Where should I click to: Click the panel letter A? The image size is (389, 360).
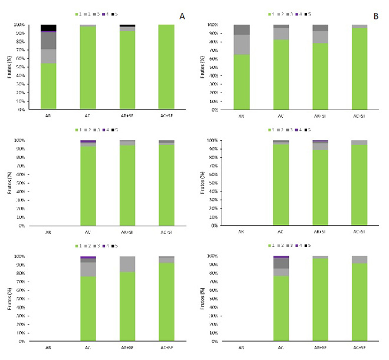(x=182, y=16)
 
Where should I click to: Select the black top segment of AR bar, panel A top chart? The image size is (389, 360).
(x=48, y=28)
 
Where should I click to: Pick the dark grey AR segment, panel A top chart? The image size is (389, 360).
(x=48, y=41)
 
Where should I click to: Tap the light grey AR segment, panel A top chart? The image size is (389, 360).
(x=48, y=56)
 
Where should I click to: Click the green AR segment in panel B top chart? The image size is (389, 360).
(x=242, y=82)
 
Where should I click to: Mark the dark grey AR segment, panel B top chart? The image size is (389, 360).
(x=242, y=29)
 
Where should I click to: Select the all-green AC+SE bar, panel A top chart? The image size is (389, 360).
(x=167, y=67)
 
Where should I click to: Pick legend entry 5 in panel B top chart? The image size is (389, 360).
(x=309, y=14)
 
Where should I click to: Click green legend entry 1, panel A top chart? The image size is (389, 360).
(x=78, y=13)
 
